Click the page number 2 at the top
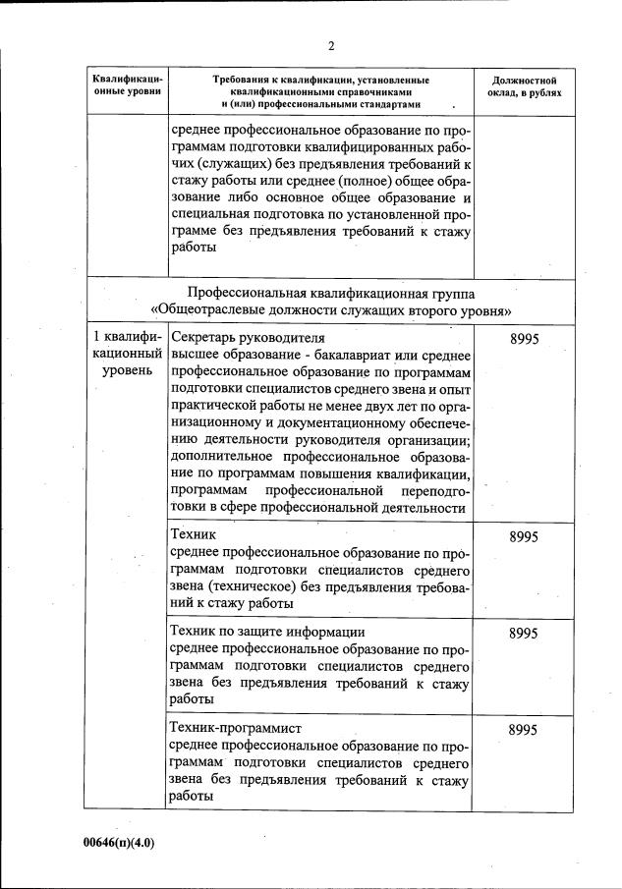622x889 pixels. click(331, 45)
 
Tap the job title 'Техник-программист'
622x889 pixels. click(236, 728)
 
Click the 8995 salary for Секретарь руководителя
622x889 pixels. click(524, 338)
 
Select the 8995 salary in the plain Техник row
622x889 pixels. click(524, 537)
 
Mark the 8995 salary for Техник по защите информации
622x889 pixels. click(524, 634)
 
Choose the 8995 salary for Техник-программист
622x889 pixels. click(524, 730)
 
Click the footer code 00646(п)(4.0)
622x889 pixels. click(119, 842)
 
